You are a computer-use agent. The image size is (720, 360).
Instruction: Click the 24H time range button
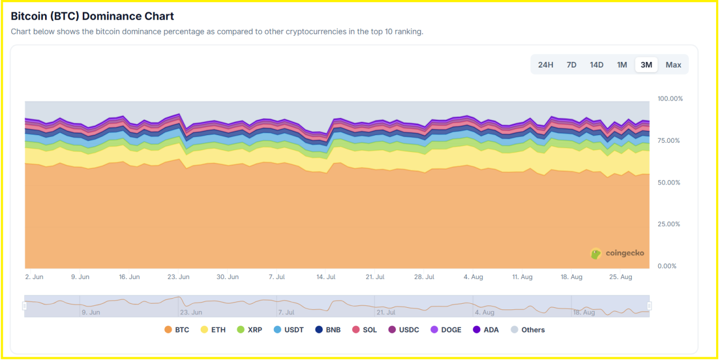(x=546, y=65)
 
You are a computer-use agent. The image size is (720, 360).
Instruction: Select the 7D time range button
(x=571, y=65)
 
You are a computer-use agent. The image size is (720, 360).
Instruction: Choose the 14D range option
(x=597, y=65)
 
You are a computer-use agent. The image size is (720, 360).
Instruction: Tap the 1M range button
(x=622, y=65)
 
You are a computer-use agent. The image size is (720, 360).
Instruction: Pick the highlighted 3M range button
(x=646, y=65)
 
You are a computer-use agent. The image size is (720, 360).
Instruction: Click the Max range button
(x=673, y=65)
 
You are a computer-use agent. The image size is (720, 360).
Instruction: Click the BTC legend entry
(x=177, y=330)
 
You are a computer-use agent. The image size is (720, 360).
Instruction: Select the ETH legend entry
(x=213, y=330)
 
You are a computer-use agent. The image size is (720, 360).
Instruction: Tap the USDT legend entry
(x=289, y=330)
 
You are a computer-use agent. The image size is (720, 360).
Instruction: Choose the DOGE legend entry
(x=446, y=330)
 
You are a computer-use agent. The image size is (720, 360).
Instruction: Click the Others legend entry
(x=528, y=330)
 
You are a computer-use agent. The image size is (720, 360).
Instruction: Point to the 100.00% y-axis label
(x=670, y=98)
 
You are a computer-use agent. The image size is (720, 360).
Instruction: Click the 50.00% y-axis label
(x=669, y=183)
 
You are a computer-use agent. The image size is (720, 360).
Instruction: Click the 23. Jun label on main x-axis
(x=178, y=277)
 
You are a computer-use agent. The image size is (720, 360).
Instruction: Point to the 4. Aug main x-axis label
(x=473, y=277)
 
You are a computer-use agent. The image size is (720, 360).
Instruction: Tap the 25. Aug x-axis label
(x=622, y=277)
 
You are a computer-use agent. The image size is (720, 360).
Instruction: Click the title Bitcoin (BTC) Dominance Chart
(x=92, y=16)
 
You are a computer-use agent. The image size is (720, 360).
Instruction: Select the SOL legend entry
(x=364, y=330)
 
